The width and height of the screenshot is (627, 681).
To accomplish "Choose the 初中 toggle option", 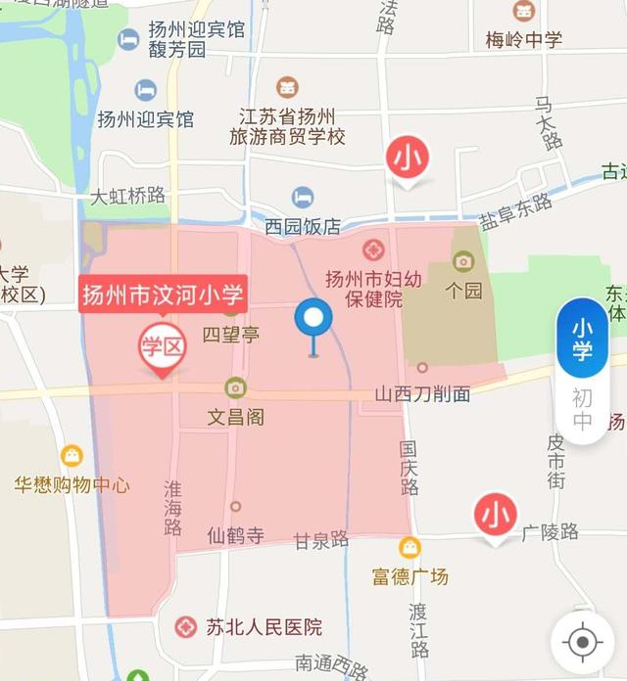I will (582, 411).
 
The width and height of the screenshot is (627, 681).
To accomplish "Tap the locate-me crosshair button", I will (583, 642).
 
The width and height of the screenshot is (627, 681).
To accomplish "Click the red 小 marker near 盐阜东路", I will (409, 159).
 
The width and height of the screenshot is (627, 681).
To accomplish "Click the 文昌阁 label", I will (235, 417).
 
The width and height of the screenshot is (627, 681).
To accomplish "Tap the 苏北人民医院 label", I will (264, 627).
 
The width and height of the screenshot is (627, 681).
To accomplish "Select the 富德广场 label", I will (410, 576).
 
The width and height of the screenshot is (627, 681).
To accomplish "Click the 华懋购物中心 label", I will (72, 484).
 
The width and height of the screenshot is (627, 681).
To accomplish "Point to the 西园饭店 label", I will (303, 226).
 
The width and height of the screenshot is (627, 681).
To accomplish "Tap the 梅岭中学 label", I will (524, 40).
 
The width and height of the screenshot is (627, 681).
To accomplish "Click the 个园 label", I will (463, 291).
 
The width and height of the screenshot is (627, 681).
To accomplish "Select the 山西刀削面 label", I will (422, 394).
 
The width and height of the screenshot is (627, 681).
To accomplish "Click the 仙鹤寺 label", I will (236, 535).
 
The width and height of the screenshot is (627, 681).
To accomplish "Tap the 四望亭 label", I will (231, 335).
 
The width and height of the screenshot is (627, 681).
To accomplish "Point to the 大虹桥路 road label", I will (128, 196).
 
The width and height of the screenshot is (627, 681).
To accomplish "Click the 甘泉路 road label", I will (321, 539).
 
